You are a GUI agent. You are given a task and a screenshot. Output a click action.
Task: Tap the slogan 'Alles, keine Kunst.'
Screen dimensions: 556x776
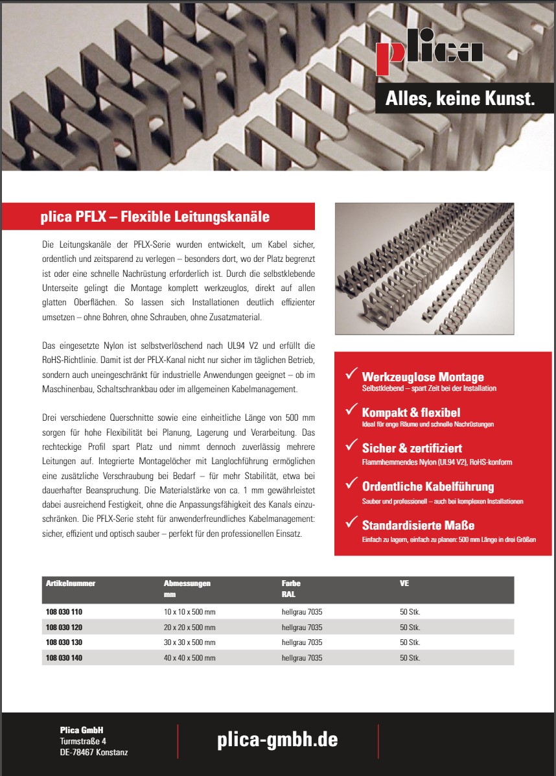(x=459, y=99)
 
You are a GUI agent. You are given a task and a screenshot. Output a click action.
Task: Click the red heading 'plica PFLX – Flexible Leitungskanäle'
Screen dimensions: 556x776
(x=155, y=217)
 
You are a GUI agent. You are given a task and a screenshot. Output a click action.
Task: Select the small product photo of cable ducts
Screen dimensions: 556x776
(x=424, y=268)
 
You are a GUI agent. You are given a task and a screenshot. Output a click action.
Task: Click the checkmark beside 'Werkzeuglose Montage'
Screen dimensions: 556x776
(x=351, y=374)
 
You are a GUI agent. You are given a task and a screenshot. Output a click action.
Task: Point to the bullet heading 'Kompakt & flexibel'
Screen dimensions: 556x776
(x=411, y=412)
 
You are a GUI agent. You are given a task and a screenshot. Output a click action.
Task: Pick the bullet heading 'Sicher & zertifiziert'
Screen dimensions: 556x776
(x=411, y=448)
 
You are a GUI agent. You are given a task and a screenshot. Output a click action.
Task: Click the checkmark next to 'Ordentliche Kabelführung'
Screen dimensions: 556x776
(x=351, y=483)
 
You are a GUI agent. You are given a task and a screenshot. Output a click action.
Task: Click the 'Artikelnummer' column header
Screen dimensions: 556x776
(x=71, y=583)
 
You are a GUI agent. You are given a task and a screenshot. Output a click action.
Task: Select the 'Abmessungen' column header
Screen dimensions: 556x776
(x=187, y=583)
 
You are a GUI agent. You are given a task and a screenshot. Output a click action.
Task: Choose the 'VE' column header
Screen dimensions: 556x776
(x=404, y=583)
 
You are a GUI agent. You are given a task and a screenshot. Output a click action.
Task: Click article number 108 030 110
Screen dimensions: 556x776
(x=64, y=612)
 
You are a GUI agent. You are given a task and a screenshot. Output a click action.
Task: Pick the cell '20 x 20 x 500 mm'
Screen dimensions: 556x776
(x=190, y=628)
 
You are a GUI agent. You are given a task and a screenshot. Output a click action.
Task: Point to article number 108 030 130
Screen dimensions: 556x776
(x=64, y=642)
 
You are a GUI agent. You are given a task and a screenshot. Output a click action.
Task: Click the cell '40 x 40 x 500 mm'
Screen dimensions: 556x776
(x=190, y=658)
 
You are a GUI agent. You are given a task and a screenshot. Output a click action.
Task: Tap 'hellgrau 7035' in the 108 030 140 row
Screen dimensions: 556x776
(x=302, y=658)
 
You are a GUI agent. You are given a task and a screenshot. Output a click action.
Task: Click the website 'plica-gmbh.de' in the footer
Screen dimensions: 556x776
(x=277, y=740)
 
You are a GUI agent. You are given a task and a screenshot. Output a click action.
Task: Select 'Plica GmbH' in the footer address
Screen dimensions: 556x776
(x=82, y=730)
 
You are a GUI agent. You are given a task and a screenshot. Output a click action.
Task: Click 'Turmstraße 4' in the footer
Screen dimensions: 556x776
(x=83, y=741)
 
